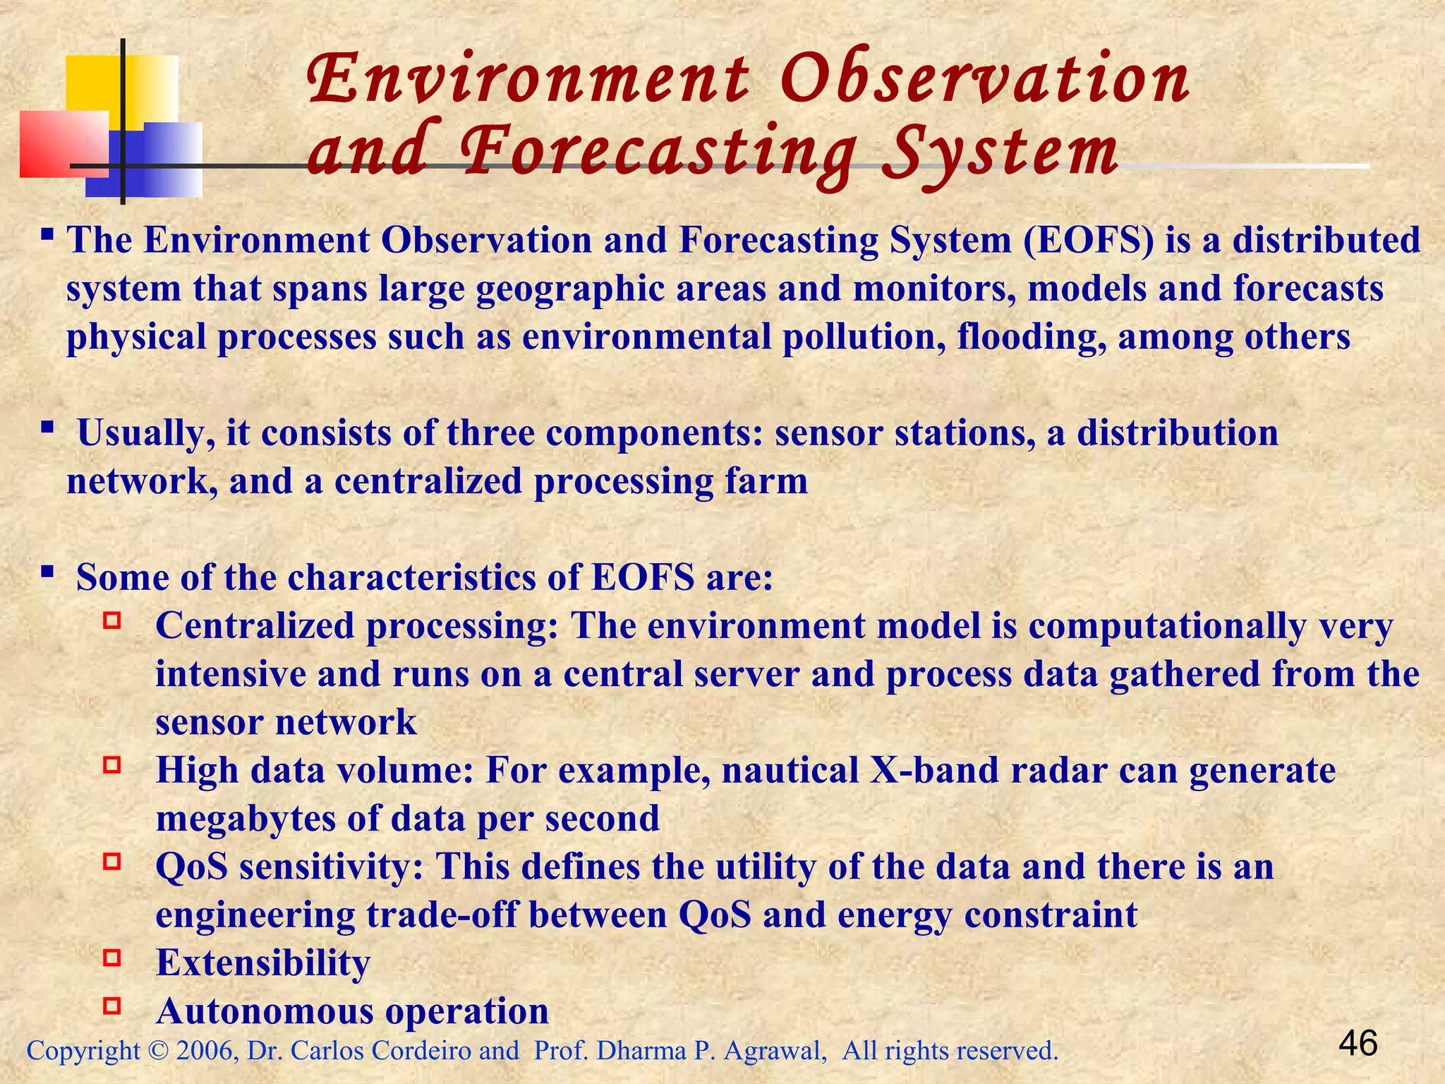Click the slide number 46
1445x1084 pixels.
[x=1358, y=1043]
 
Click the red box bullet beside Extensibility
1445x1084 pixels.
[x=112, y=958]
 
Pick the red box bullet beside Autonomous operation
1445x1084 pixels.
[x=112, y=1006]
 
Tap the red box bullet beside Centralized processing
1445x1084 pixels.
[x=112, y=621]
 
